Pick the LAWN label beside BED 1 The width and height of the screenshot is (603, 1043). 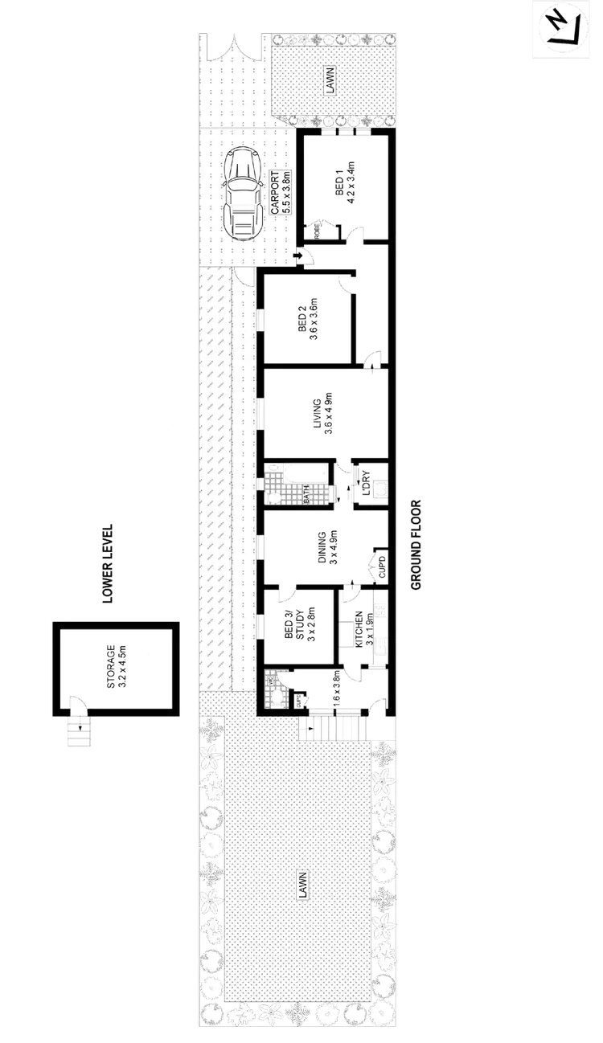click(330, 81)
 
